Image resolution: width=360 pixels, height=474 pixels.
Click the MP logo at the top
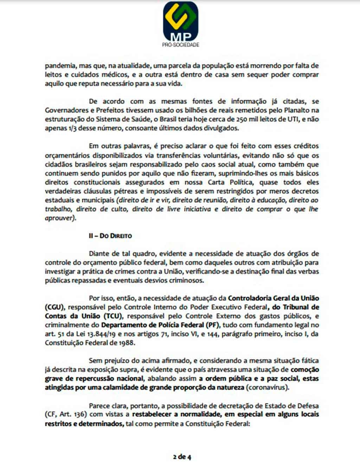click(x=181, y=21)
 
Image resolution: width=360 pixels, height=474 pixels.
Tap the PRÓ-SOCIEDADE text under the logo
click(x=181, y=45)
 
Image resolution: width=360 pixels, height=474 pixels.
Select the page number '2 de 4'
click(x=182, y=457)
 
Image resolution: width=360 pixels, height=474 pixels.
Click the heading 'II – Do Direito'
click(x=110, y=236)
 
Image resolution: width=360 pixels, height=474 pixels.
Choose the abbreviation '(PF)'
click(x=213, y=325)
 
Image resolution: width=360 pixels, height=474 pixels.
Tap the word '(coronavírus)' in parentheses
click(x=268, y=387)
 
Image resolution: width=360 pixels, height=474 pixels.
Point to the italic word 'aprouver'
click(x=60, y=218)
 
